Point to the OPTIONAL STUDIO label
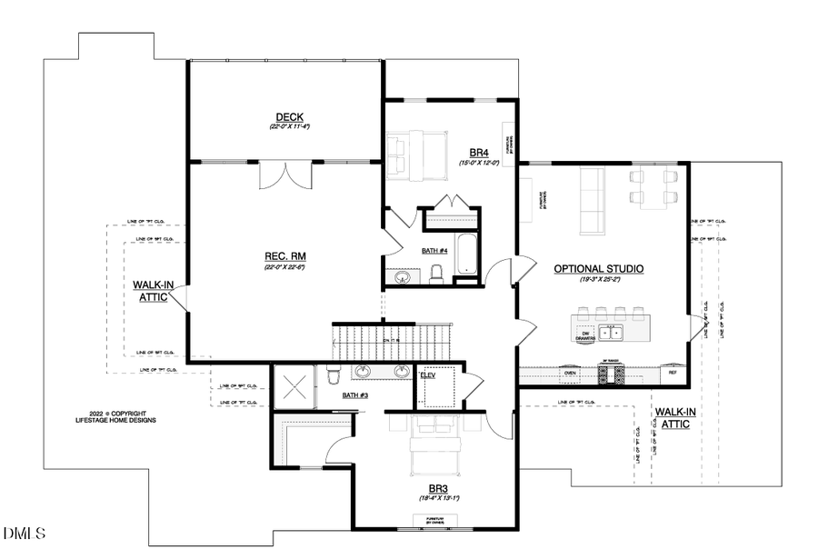tap(598, 269)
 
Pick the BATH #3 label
tap(355, 395)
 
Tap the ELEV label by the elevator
tap(428, 374)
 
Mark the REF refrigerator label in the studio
tap(673, 372)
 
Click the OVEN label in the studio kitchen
tap(570, 372)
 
